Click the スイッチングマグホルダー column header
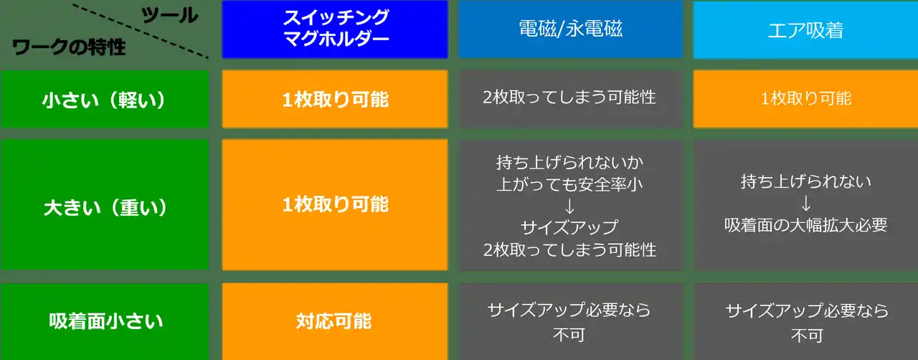pos(335,29)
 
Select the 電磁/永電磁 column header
pos(570,29)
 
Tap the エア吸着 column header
pos(805,30)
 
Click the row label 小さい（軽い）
pos(104,99)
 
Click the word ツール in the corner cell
pos(170,16)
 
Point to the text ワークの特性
pos(69,47)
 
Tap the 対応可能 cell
pos(335,321)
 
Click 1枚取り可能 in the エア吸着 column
pos(805,99)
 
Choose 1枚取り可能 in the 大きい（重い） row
pos(335,204)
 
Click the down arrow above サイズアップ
pos(569,206)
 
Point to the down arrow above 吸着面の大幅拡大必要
pos(805,204)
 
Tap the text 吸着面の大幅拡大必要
pos(805,225)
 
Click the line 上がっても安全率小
pos(569,184)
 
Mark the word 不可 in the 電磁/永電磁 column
pos(569,335)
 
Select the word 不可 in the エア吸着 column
pos(807,336)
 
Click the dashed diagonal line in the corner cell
pos(141,31)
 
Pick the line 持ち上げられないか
pos(569,162)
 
